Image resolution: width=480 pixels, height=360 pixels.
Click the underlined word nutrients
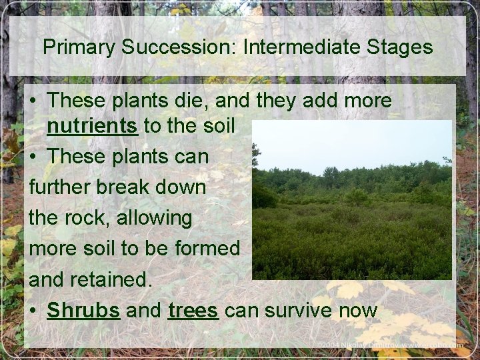93,125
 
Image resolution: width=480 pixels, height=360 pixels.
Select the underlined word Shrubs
83,311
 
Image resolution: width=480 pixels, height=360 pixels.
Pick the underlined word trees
193,311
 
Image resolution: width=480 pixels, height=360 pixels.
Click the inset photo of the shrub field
352,200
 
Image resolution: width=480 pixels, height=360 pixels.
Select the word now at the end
361,311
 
